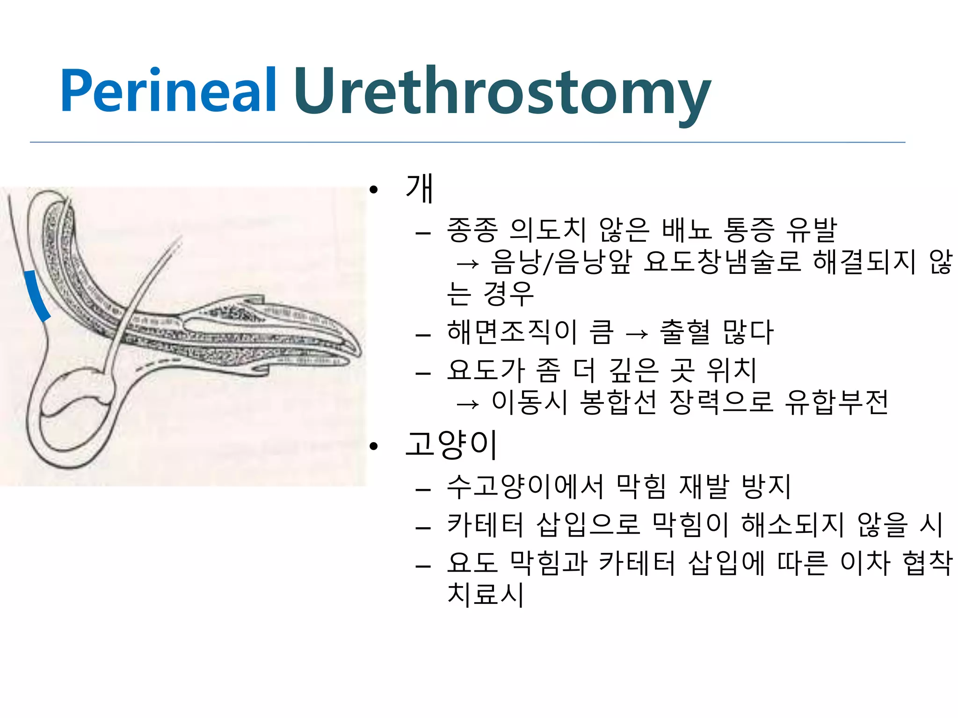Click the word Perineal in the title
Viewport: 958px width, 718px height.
coord(168,91)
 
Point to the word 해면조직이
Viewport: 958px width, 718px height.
coord(513,332)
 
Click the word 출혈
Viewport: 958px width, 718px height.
coord(685,332)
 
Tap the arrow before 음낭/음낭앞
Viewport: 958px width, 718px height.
coord(468,264)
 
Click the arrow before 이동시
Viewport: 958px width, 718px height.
coord(468,403)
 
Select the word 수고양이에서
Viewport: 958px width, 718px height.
coord(526,487)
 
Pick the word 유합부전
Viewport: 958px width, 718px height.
coord(836,402)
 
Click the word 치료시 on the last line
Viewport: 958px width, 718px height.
coord(486,595)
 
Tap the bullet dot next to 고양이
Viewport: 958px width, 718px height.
coord(373,447)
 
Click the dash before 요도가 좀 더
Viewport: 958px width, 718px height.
coord(423,373)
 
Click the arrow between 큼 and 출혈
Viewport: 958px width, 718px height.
coord(637,334)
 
